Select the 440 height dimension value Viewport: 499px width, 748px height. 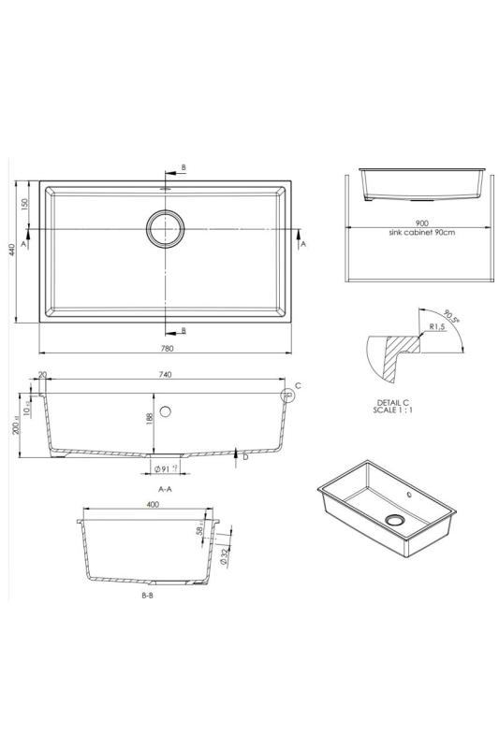(12, 251)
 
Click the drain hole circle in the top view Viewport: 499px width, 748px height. (166, 228)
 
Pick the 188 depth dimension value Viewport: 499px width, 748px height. (148, 419)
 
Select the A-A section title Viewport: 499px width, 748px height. (165, 488)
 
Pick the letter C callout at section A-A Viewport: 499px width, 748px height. (298, 385)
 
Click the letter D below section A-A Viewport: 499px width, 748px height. (244, 457)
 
